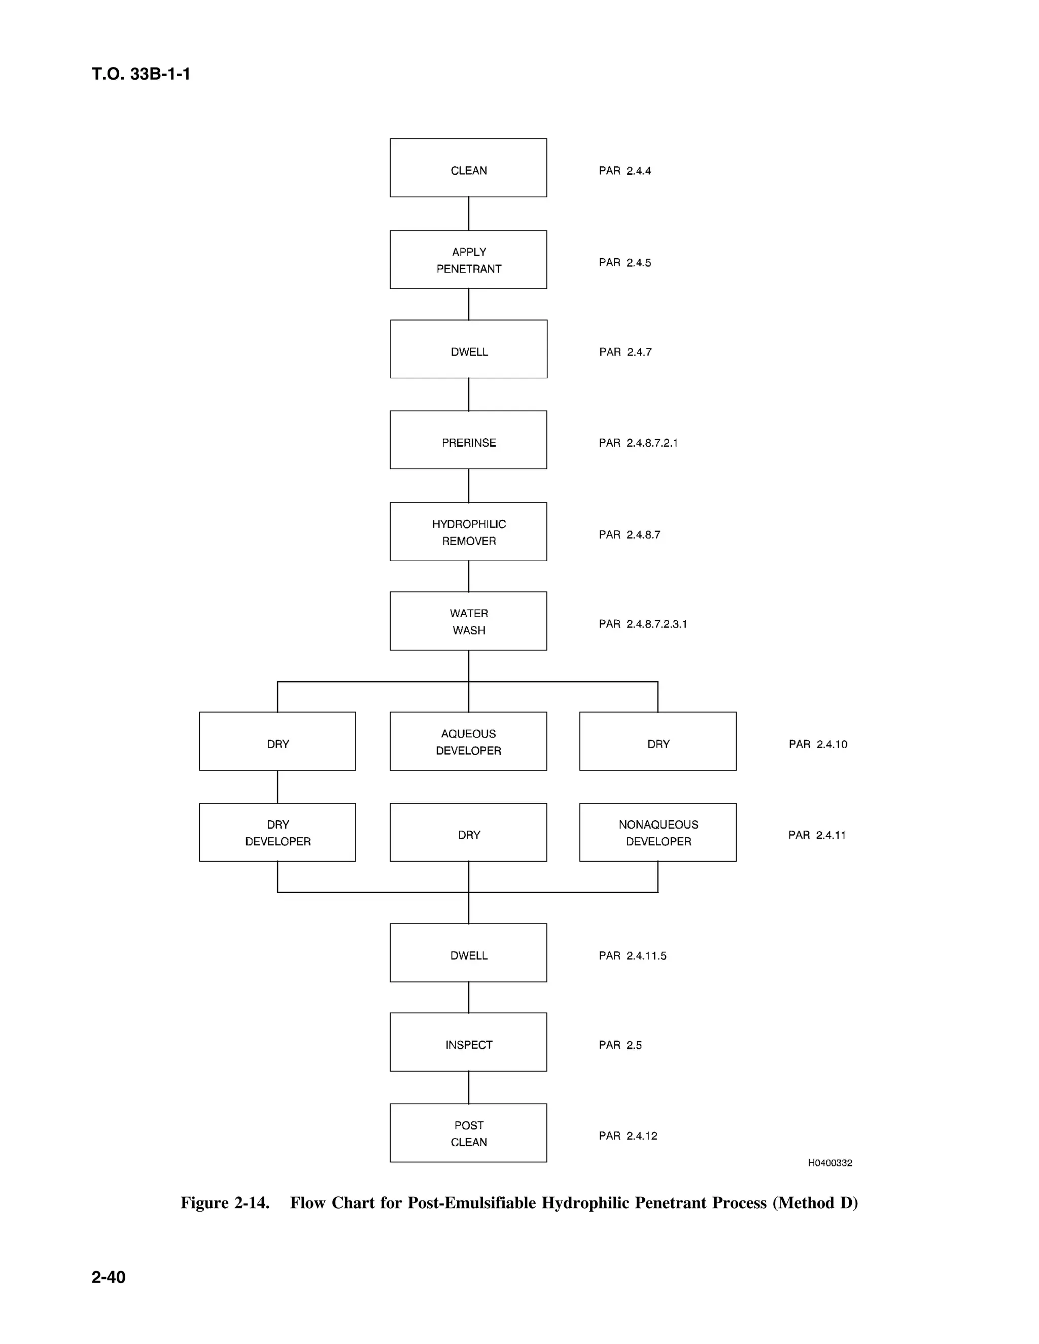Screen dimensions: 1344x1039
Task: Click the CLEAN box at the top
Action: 468,168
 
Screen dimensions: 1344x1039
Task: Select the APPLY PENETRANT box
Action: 468,260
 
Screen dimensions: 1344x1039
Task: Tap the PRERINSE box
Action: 468,440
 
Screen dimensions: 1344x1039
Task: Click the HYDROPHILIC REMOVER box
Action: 468,532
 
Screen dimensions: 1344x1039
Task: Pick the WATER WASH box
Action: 468,621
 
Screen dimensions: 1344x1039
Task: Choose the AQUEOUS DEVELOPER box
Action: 468,741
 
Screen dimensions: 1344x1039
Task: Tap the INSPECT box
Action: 468,1044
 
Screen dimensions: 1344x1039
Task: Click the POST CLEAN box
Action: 468,1133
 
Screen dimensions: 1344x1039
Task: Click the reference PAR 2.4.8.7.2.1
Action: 638,443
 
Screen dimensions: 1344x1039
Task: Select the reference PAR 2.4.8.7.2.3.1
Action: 643,624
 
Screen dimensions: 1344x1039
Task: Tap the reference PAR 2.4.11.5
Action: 632,956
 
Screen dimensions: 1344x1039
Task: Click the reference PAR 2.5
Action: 620,1045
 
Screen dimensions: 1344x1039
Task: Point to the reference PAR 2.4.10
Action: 817,745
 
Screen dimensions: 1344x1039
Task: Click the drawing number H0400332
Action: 829,1163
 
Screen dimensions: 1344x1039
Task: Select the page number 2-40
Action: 109,1277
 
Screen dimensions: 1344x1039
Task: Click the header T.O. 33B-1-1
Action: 141,74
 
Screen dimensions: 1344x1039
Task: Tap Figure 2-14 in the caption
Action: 225,1202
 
